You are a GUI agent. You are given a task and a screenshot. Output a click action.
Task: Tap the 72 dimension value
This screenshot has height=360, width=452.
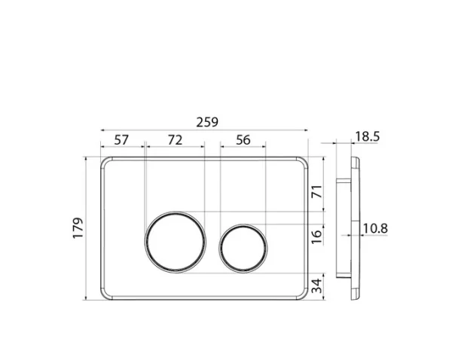[174, 140]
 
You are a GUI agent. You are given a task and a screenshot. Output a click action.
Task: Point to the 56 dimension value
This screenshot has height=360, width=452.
[243, 140]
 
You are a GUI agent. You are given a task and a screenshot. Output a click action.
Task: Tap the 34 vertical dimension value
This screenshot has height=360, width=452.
[317, 286]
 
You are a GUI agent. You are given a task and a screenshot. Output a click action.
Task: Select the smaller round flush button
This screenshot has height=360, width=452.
[243, 246]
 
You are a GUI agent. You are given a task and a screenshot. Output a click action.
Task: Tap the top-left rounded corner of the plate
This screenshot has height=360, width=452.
[105, 162]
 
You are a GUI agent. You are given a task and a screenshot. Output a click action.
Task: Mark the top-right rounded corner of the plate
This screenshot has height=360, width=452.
[304, 162]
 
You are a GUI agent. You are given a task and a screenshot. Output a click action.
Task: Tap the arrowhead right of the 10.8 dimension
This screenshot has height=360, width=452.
[360, 234]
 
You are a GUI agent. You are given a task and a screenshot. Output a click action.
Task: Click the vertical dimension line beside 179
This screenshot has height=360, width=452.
[93, 228]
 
